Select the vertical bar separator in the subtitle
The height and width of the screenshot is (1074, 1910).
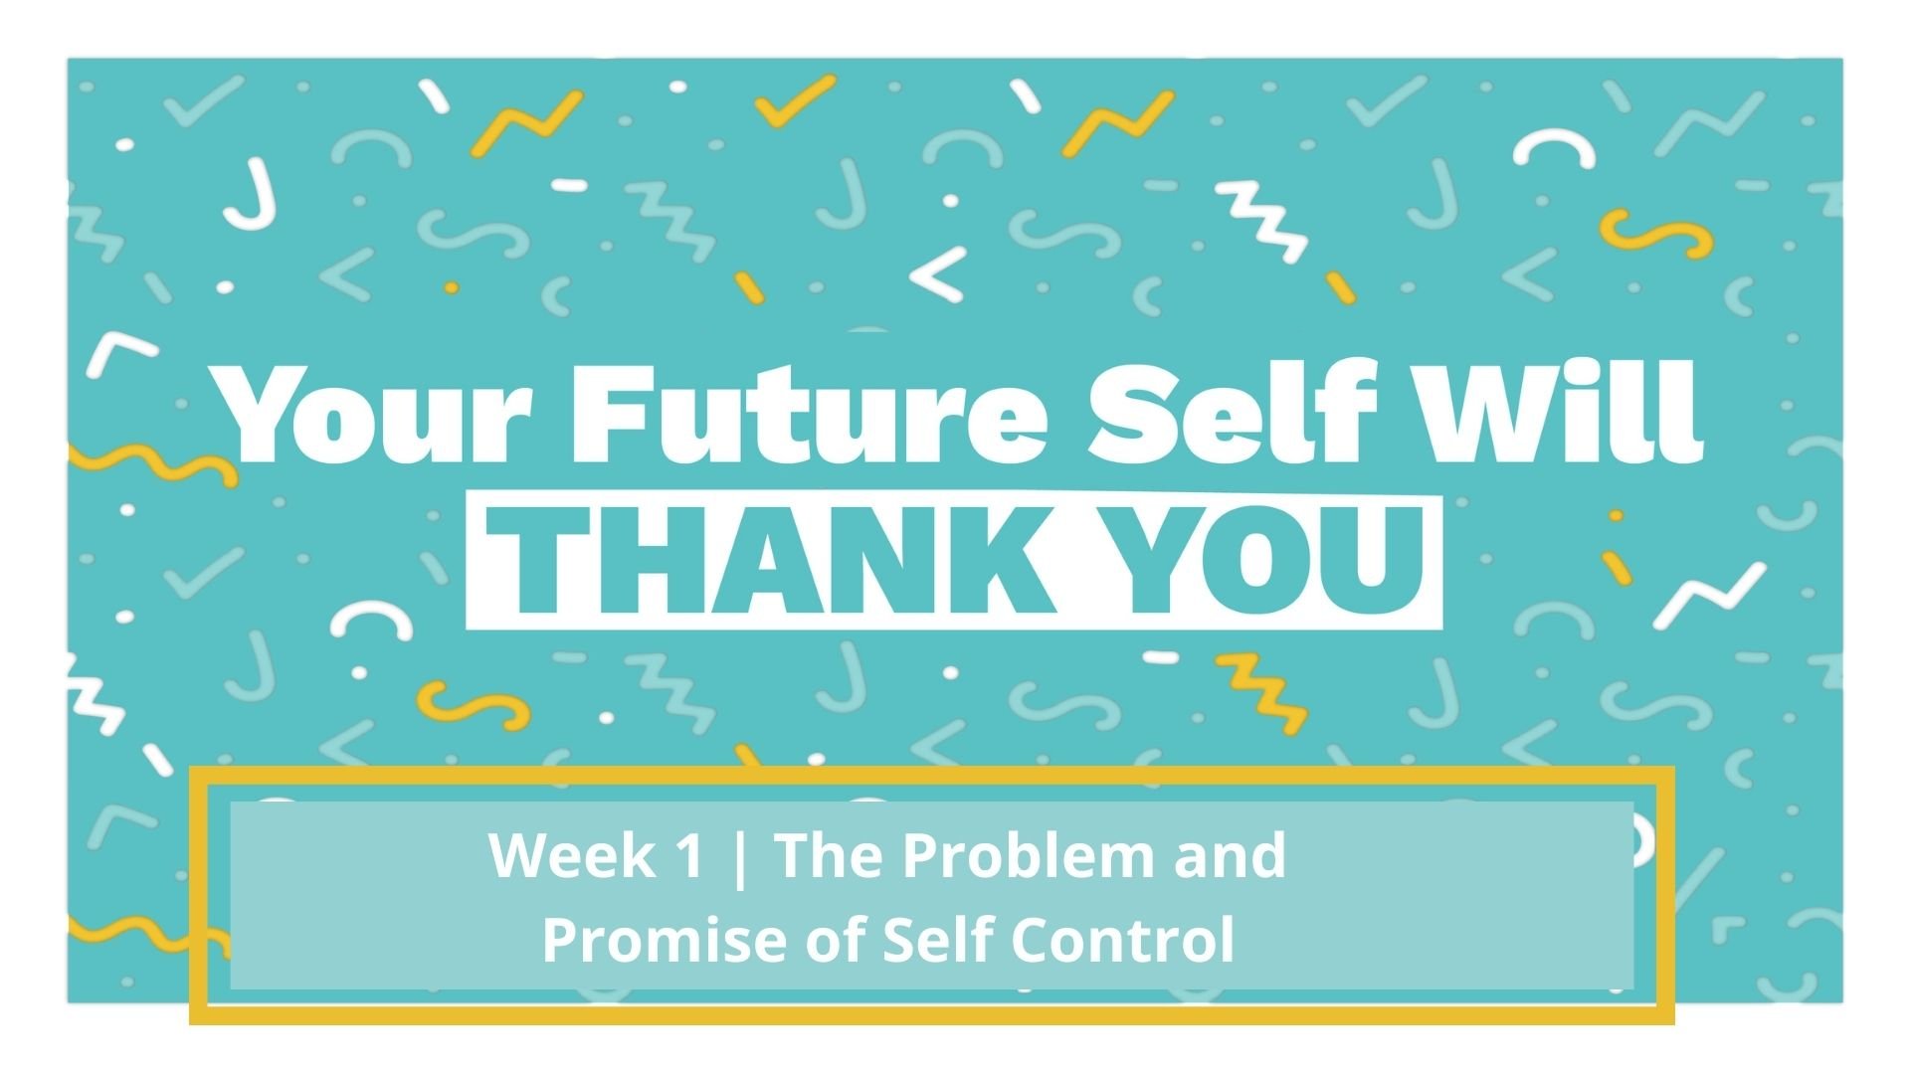tap(737, 857)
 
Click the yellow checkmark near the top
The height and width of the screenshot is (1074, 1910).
tap(795, 99)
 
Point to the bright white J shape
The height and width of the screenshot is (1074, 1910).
tap(249, 199)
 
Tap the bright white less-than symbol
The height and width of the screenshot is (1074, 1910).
tap(938, 273)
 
